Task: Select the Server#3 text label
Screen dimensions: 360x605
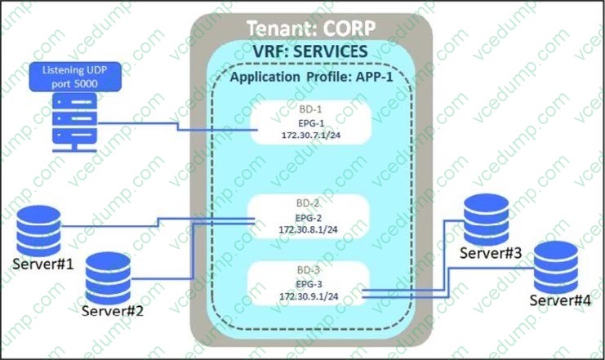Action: click(490, 252)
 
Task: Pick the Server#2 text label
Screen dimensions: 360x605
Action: click(113, 310)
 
